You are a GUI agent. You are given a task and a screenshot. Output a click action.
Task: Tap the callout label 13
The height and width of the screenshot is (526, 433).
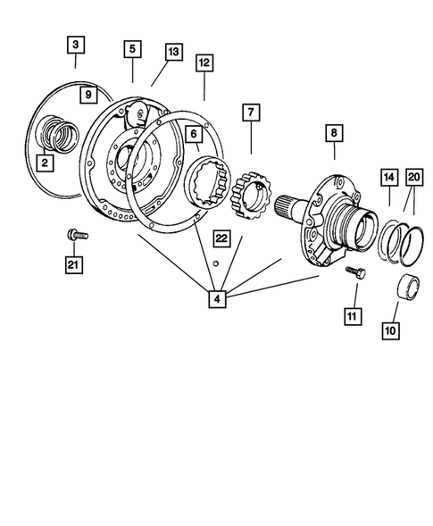(x=172, y=53)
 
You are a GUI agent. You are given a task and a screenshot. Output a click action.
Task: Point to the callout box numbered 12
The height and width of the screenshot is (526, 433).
(x=204, y=63)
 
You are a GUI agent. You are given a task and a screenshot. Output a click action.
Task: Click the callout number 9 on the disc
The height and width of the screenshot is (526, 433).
(x=87, y=94)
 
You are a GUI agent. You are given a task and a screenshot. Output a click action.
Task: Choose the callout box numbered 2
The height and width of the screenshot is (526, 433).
(x=43, y=163)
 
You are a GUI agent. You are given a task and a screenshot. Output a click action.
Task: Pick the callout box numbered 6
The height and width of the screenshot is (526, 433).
(x=191, y=133)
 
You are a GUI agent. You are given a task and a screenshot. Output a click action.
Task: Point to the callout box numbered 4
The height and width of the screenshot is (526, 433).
(x=217, y=298)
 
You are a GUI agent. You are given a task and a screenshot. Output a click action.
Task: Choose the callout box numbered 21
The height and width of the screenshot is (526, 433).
(x=75, y=263)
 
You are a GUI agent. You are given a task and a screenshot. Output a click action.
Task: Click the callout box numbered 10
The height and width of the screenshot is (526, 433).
(x=388, y=330)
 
